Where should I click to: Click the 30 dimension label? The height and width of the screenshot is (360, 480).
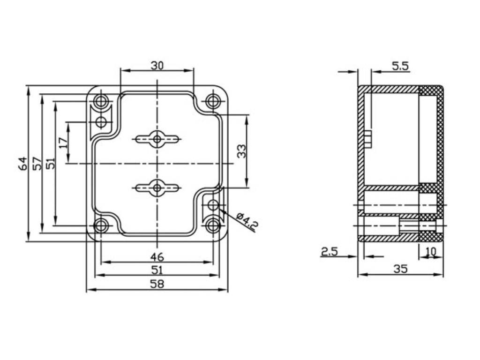click(x=157, y=66)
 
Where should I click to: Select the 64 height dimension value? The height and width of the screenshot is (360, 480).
click(x=23, y=163)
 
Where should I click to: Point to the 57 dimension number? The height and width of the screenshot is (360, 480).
click(x=37, y=163)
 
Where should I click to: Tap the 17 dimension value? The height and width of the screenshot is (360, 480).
click(x=63, y=143)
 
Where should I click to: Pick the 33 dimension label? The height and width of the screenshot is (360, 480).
click(x=242, y=151)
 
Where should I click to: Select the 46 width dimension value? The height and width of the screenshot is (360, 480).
click(x=157, y=256)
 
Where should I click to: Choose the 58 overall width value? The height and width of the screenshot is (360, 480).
click(x=157, y=284)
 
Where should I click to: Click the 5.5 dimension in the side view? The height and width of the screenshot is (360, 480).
click(x=400, y=66)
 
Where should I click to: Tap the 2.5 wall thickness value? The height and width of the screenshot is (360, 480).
click(x=329, y=252)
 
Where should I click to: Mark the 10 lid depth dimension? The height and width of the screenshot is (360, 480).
click(x=431, y=251)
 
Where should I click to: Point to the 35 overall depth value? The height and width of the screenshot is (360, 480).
click(x=400, y=269)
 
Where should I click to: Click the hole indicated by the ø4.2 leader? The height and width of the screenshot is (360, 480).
click(x=213, y=205)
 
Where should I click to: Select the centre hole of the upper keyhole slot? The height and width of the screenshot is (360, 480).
click(x=157, y=139)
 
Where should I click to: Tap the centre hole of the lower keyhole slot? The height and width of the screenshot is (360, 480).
click(x=157, y=187)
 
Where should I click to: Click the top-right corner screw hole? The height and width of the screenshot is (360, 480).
click(x=213, y=101)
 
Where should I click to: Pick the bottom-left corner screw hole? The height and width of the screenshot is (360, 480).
click(x=101, y=226)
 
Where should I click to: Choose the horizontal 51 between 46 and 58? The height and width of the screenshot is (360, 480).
click(x=157, y=270)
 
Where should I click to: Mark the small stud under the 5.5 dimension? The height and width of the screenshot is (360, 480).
click(x=368, y=139)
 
